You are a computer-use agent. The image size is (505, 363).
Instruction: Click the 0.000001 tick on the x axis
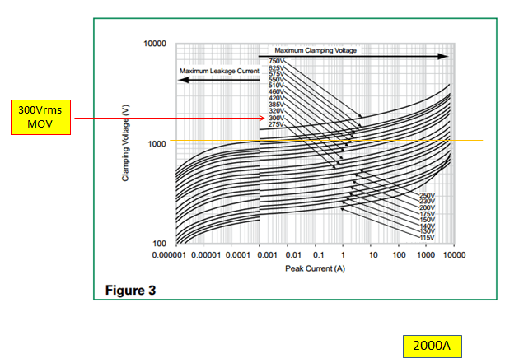coord(171,257)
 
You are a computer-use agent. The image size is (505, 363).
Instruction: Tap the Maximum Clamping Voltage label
coord(316,50)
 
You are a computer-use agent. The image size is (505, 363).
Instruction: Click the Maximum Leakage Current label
coord(219,72)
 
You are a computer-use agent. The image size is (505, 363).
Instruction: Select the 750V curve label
coord(276,62)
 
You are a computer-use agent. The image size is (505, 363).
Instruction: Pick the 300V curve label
coord(276,118)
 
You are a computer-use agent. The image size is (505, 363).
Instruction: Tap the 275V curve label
coord(276,123)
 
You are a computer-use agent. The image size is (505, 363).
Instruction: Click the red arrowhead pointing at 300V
coord(264,118)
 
